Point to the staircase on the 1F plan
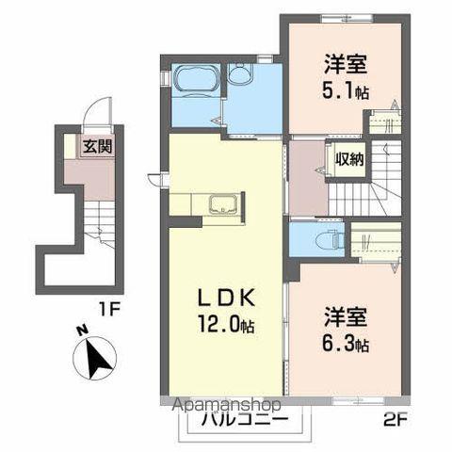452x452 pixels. (x=96, y=226)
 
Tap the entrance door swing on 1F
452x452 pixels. (x=98, y=117)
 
